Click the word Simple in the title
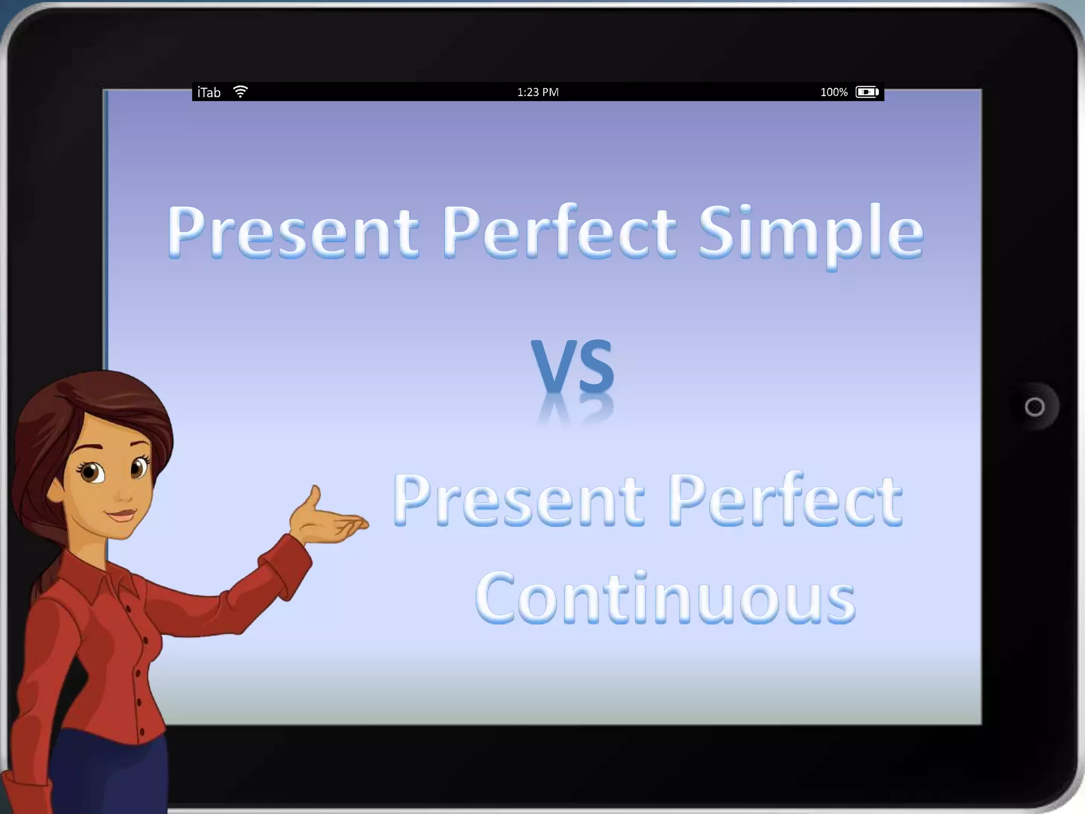811,233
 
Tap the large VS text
572,366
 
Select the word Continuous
665,599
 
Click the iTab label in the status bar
209,93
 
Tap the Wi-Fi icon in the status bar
240,92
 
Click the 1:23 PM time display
538,92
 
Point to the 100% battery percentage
834,92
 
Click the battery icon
867,92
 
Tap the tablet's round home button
1034,407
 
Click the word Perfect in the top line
559,233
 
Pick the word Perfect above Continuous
784,501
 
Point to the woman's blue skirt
106,774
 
